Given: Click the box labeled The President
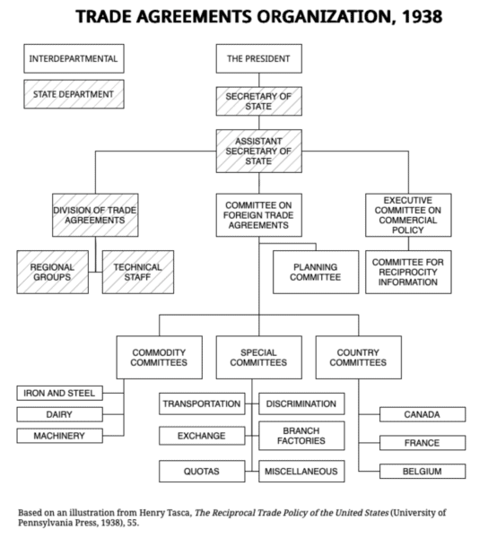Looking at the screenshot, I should tap(258, 59).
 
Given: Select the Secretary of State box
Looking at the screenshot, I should tap(258, 101).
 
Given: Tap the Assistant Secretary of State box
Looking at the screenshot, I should tap(258, 151).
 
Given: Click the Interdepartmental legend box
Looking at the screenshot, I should tap(73, 59).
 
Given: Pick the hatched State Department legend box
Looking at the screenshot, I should tap(73, 93).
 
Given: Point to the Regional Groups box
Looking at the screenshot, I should tap(52, 273).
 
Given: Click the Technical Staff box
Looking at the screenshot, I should tap(138, 273).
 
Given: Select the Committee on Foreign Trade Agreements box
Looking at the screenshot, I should tap(258, 216).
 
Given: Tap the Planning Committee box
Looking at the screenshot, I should tap(315, 272).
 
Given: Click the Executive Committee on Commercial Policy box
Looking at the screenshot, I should tap(408, 216).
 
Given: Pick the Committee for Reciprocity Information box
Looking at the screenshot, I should tap(408, 272).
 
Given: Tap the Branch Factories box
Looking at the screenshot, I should tap(301, 436).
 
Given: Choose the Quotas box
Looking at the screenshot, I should tap(202, 470).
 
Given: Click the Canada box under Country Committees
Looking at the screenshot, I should tap(422, 414).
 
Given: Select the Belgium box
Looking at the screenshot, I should tap(422, 471).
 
